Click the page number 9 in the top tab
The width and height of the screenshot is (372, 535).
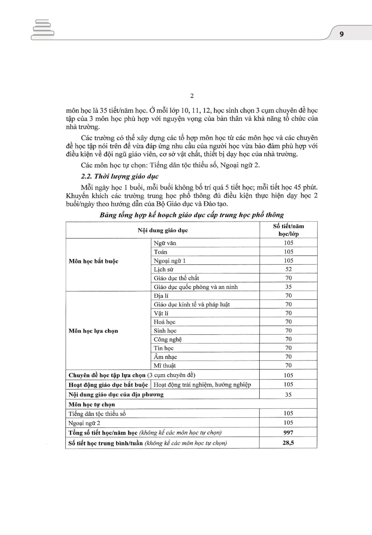(x=342, y=34)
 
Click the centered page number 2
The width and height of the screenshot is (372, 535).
(x=192, y=96)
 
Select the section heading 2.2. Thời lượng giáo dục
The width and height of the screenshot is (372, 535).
(x=120, y=176)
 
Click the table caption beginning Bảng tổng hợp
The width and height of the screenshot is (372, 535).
(x=192, y=215)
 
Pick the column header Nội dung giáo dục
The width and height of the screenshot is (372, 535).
(x=163, y=230)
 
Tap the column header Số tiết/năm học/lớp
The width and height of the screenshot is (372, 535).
(x=288, y=230)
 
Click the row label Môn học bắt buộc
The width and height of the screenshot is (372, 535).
(x=94, y=261)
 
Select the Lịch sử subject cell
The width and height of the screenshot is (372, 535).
(x=163, y=269)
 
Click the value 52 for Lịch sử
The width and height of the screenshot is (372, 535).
(x=288, y=269)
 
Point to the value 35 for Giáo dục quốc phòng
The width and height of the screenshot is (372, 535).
(x=288, y=287)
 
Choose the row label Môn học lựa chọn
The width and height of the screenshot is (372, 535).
(x=93, y=331)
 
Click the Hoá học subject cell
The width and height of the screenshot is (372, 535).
(x=165, y=322)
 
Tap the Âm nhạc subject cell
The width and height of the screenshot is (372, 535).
(x=165, y=357)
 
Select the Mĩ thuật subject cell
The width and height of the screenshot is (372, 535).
(x=165, y=365)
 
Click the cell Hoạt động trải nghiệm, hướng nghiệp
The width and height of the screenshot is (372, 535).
(x=202, y=385)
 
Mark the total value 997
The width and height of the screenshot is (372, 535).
(x=288, y=432)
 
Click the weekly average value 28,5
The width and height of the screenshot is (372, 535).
(x=288, y=443)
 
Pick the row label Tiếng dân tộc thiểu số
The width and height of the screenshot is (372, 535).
(x=97, y=414)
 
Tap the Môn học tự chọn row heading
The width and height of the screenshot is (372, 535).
(x=92, y=404)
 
